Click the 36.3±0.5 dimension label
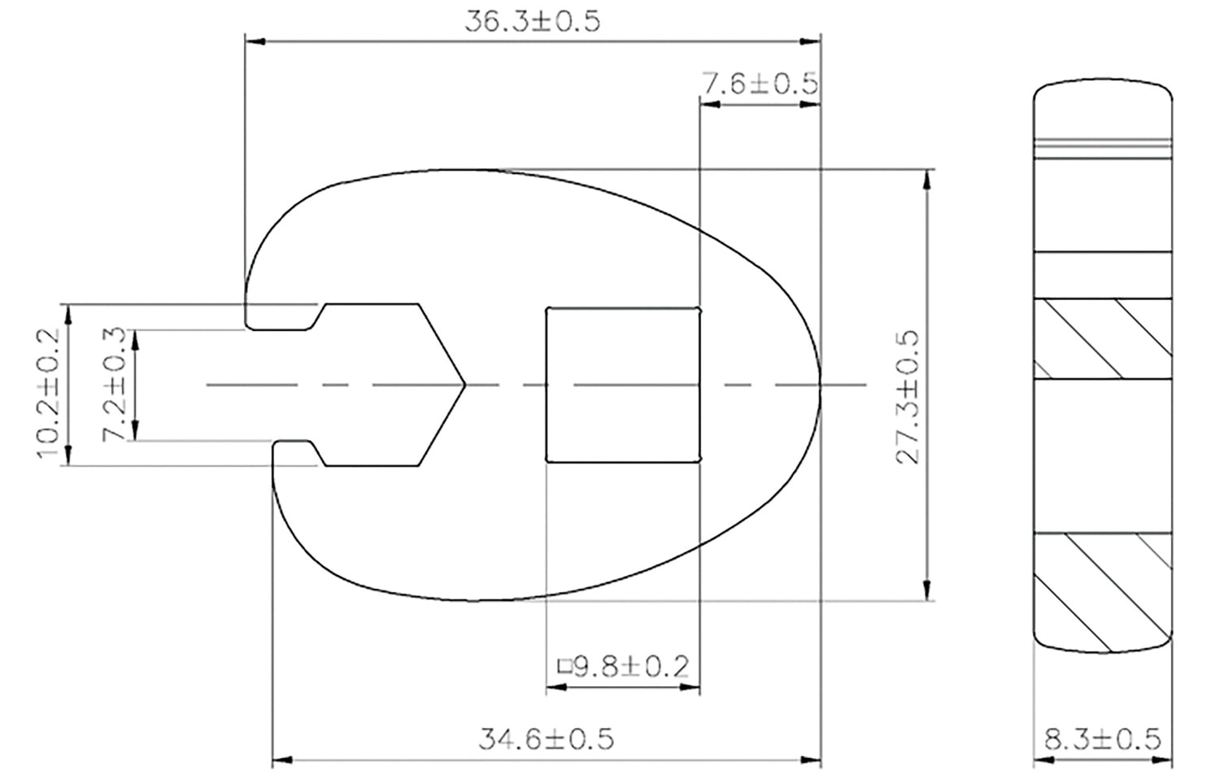pos(532,22)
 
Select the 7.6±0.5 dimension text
pos(760,83)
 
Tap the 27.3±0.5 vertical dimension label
pos(908,397)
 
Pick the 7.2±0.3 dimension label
pos(115,385)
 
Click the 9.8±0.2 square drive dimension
pos(624,666)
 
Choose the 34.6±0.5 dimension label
pos(547,739)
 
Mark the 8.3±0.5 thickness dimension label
pos(1103,739)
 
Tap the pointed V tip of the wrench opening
pos(465,385)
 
